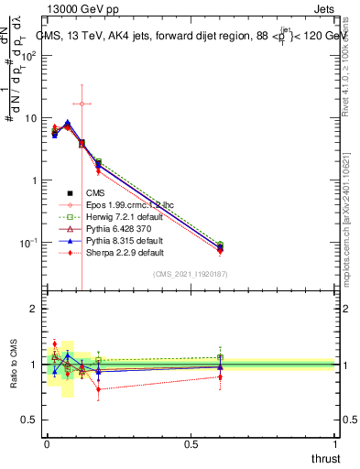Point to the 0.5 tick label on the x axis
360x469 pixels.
click(191, 444)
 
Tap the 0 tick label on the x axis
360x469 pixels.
click(48, 444)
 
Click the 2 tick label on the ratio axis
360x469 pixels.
click(34, 310)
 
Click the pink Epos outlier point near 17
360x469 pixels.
click(82, 104)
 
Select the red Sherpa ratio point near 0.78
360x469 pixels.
click(98, 388)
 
